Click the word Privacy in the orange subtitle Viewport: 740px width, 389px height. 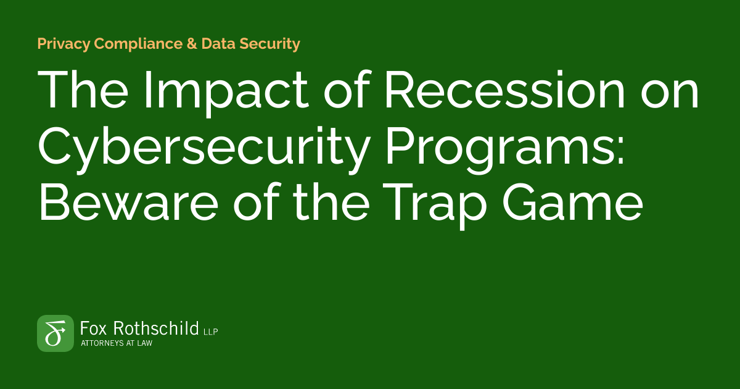point(62,44)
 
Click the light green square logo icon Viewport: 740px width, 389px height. point(55,333)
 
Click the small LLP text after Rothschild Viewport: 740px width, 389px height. point(211,332)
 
